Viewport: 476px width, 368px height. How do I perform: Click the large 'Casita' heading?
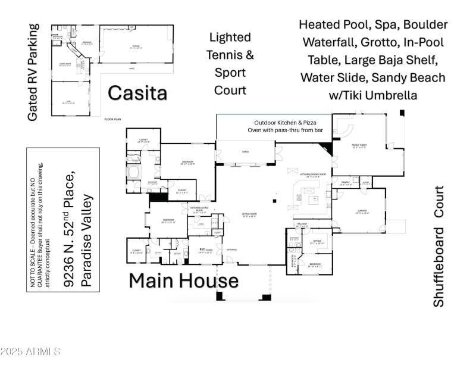click(137, 93)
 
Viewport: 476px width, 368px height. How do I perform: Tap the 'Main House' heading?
click(184, 280)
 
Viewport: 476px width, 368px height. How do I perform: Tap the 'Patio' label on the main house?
click(245, 151)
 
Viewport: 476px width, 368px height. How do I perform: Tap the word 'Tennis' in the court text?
click(230, 55)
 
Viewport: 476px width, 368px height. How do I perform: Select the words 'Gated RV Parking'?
click(33, 72)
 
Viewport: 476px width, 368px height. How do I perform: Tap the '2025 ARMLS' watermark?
click(31, 351)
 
